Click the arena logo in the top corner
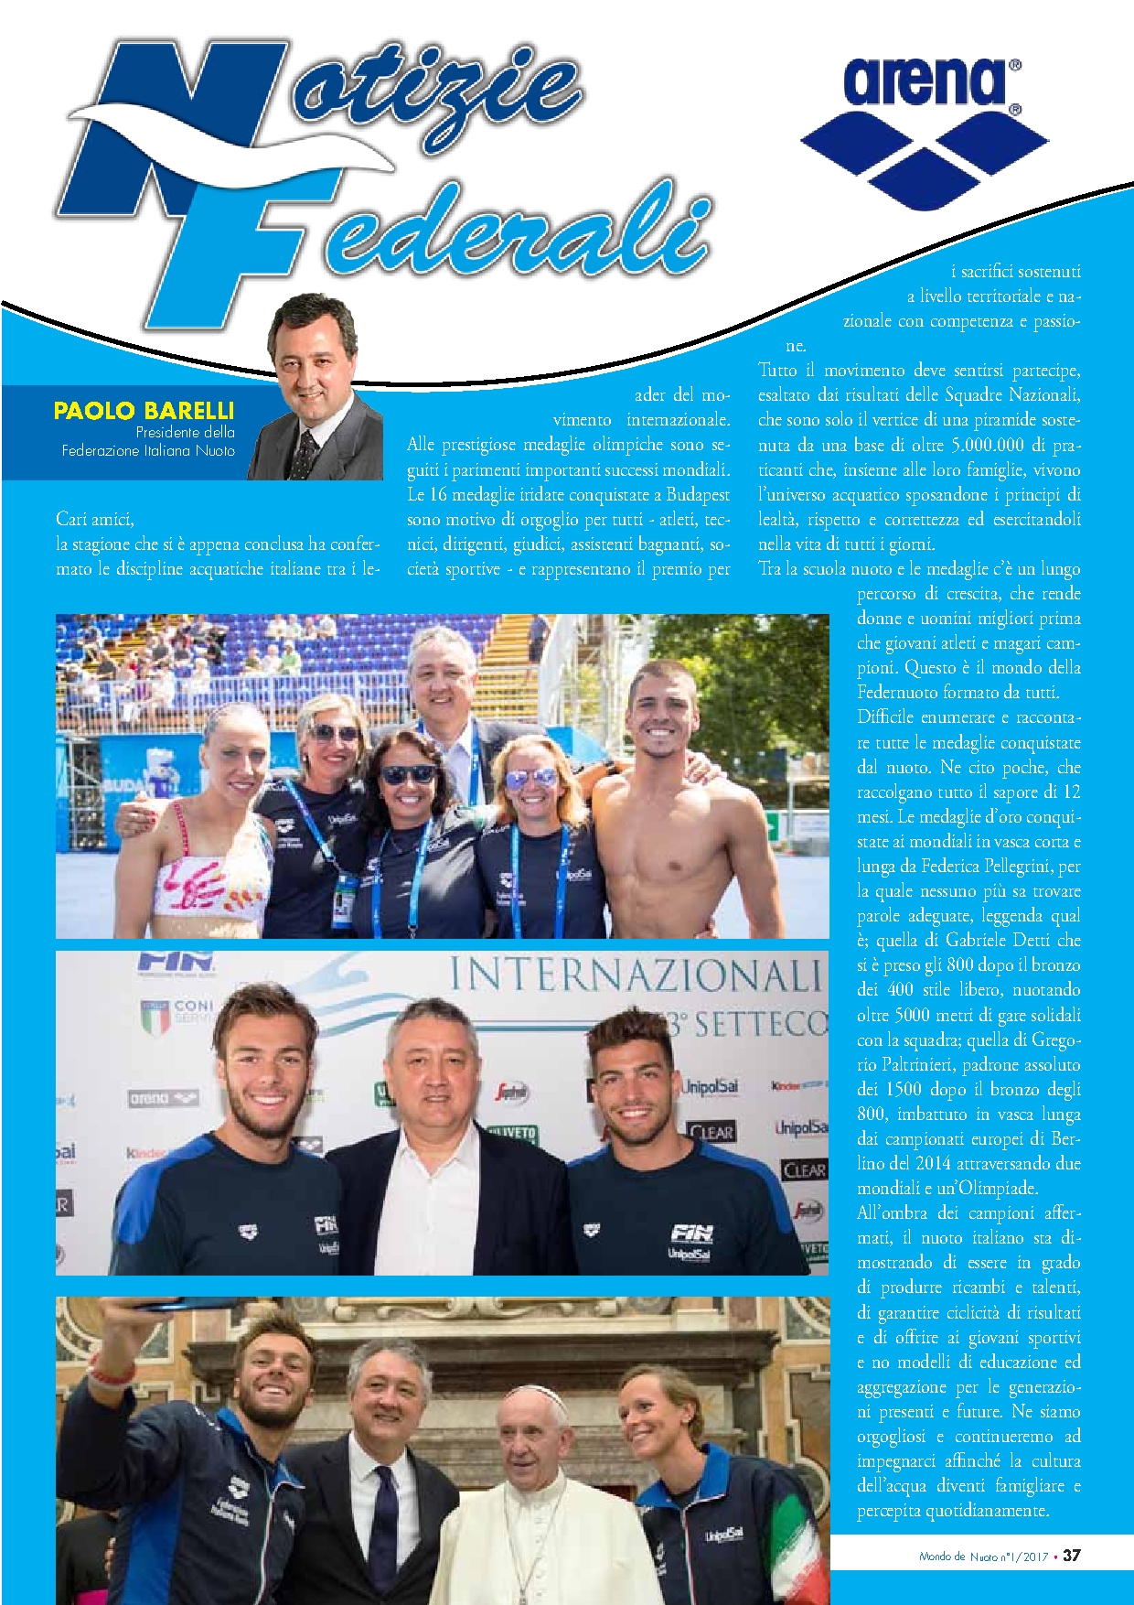pos(925,128)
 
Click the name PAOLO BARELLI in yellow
pos(144,411)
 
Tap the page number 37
pos(1072,1555)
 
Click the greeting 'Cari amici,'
pos(95,519)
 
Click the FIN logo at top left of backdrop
pos(176,963)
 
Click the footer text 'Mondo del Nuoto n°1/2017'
pos(983,1556)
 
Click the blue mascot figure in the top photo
pos(165,771)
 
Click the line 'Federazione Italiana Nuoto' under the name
pos(148,450)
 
